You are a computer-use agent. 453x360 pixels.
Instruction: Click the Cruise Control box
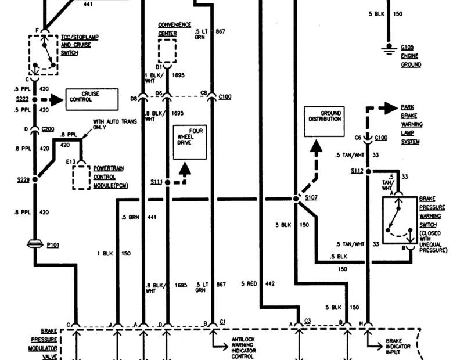pyautogui.click(x=91, y=99)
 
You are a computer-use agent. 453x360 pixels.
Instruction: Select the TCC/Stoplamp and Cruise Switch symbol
pyautogui.click(x=44, y=55)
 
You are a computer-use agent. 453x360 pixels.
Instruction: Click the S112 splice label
pyautogui.click(x=357, y=171)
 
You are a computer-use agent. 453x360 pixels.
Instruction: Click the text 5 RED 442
pyautogui.click(x=257, y=285)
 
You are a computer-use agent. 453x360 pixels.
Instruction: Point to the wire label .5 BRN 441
pyautogui.click(x=139, y=217)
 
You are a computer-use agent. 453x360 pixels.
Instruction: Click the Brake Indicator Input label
pyautogui.click(x=398, y=347)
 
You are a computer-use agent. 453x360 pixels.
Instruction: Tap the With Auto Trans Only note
pyautogui.click(x=108, y=124)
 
